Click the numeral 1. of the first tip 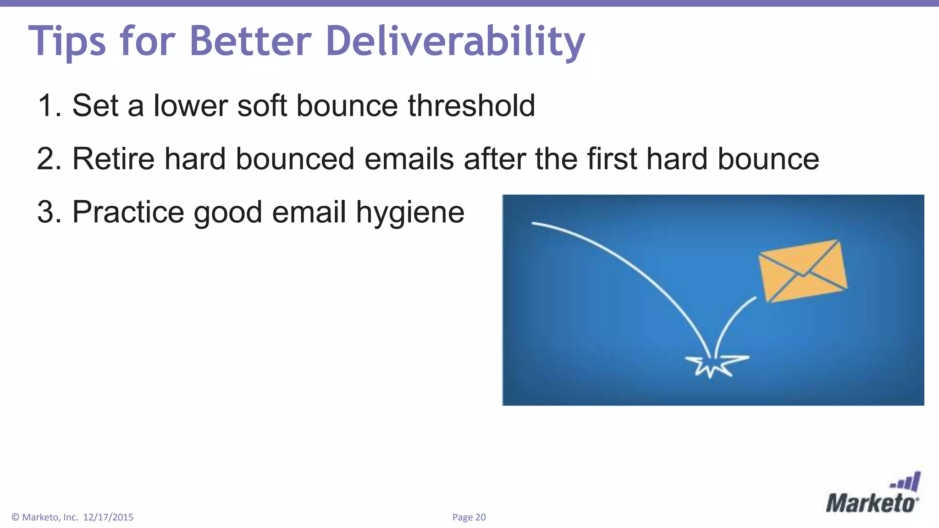[49, 105]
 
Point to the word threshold [471, 105]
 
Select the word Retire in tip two [113, 159]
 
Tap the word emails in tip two [409, 159]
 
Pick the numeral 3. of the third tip [49, 212]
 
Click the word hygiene [410, 213]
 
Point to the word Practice [128, 212]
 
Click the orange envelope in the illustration [802, 270]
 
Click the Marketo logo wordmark [871, 504]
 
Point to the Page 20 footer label [469, 517]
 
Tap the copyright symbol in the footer [15, 517]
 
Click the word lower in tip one [190, 105]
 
